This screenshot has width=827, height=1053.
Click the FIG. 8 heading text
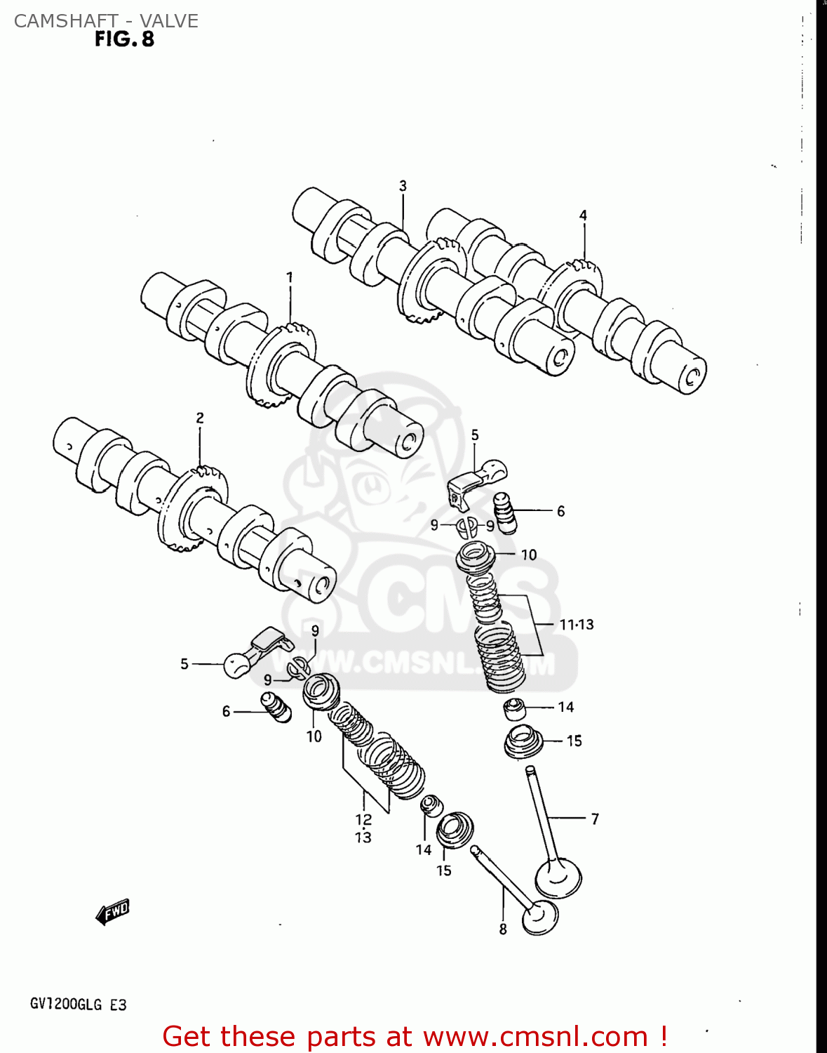[x=124, y=39]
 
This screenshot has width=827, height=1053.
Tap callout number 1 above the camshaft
[x=290, y=277]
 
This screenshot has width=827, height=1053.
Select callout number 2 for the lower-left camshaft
[x=200, y=418]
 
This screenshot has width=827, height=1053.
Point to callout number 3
[x=403, y=186]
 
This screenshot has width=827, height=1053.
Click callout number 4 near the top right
[x=583, y=216]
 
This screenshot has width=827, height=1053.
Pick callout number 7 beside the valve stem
[x=595, y=819]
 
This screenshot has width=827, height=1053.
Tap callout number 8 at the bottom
[x=503, y=929]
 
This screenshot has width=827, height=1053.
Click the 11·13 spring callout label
[x=577, y=624]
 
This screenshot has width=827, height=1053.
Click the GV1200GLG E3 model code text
[x=78, y=1005]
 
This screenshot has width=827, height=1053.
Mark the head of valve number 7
[x=558, y=877]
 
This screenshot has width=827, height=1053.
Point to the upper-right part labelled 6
[x=505, y=513]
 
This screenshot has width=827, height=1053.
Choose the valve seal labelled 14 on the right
[x=516, y=709]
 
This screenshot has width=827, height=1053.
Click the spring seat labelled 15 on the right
[x=523, y=742]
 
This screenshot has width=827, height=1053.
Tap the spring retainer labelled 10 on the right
[x=476, y=557]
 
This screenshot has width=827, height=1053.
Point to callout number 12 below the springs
[x=363, y=819]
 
